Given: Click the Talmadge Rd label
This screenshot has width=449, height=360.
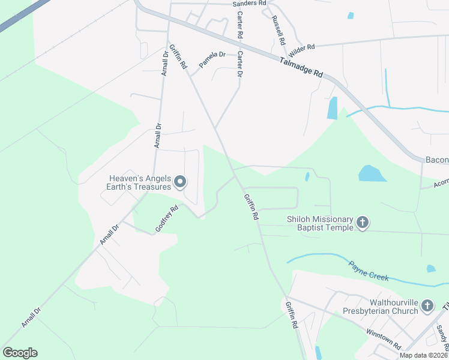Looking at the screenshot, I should click(301, 67).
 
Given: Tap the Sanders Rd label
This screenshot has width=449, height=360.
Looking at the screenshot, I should click(249, 4).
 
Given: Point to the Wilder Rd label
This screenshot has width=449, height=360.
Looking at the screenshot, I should click(301, 47).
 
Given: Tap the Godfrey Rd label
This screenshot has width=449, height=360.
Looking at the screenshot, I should click(167, 219).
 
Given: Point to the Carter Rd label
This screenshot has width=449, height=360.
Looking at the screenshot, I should click(240, 25).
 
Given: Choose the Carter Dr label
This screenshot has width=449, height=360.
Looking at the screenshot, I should click(240, 64).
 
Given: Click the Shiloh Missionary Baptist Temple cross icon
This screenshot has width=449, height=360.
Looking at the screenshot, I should click(363, 223).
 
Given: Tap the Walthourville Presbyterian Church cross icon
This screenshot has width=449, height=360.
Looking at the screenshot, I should click(427, 306).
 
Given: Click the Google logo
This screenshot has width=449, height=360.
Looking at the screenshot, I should click(20, 353).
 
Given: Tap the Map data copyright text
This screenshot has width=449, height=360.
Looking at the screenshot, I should click(423, 355).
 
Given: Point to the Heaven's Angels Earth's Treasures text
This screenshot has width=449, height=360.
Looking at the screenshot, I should click(140, 182).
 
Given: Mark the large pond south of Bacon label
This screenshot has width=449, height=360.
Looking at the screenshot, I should click(373, 173).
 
